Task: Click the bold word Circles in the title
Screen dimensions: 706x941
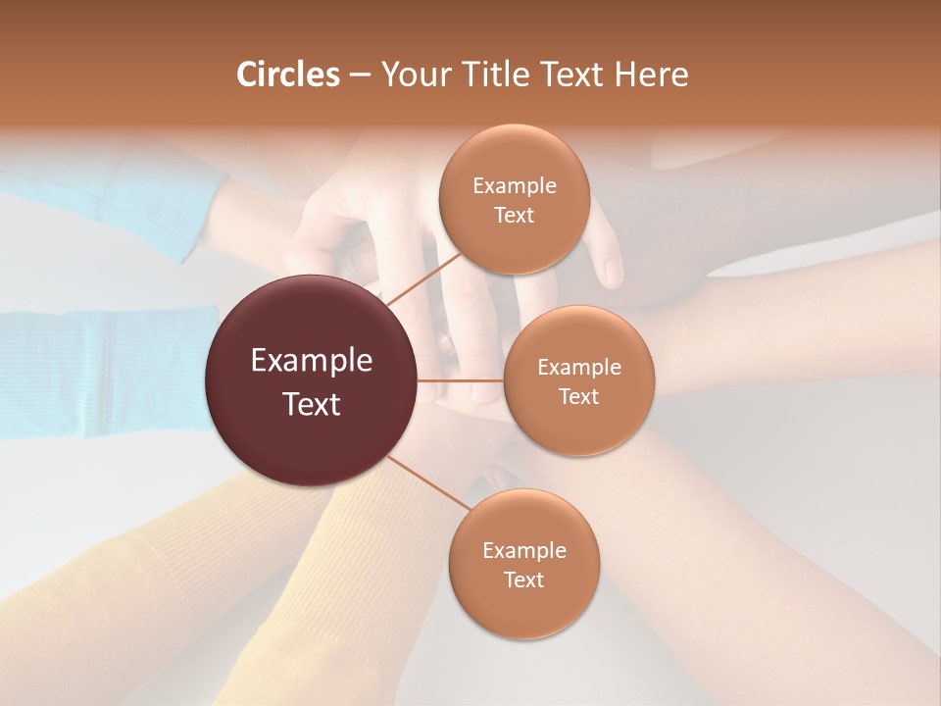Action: [288, 75]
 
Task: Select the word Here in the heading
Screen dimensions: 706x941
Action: [652, 75]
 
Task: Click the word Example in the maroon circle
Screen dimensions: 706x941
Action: [312, 361]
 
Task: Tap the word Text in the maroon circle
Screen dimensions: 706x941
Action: [312, 404]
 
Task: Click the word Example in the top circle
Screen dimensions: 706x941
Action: [514, 186]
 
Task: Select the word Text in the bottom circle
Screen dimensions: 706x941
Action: [523, 580]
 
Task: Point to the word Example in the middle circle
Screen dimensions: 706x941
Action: [579, 368]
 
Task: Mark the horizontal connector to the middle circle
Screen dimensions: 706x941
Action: [461, 380]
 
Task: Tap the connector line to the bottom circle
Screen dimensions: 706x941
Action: [428, 482]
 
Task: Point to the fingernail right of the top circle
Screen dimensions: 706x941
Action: [613, 272]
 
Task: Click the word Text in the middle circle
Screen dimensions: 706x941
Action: [579, 397]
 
